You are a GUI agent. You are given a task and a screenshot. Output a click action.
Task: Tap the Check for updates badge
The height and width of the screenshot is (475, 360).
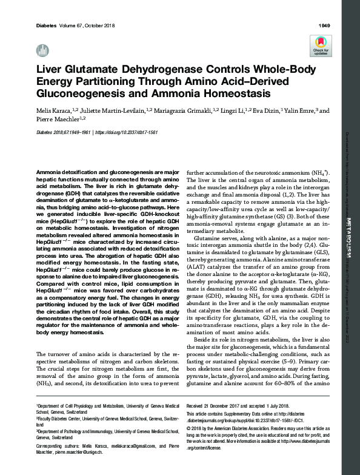pos(321,45)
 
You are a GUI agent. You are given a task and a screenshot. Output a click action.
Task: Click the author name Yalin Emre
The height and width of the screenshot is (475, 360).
pos(299,112)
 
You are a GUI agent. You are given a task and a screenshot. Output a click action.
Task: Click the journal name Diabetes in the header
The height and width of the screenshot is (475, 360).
pos(47,25)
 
